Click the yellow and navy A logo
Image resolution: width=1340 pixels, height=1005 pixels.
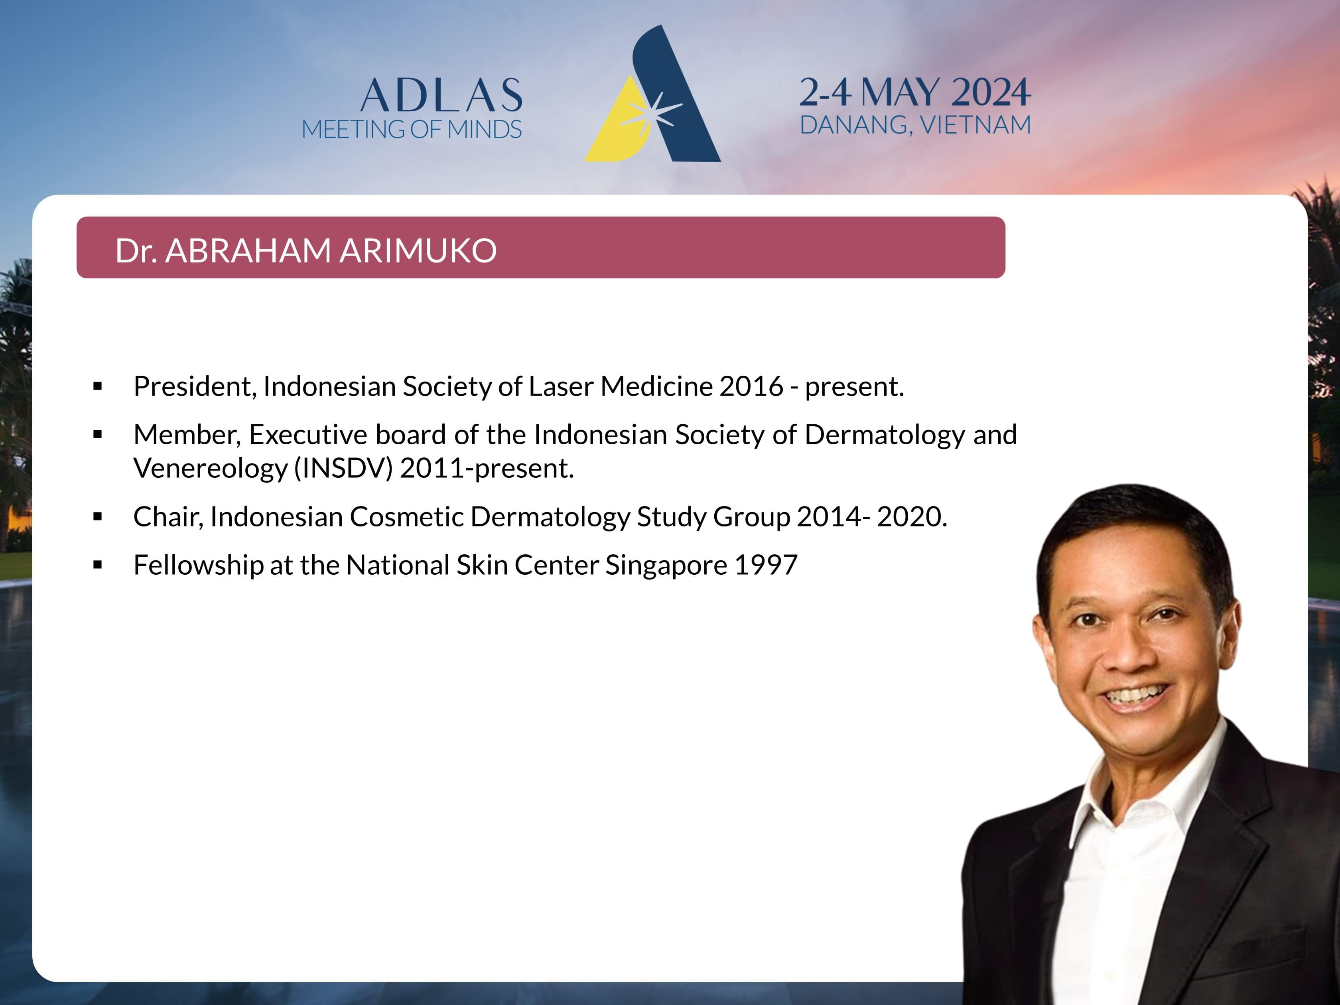652,94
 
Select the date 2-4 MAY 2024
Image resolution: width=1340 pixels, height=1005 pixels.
915,92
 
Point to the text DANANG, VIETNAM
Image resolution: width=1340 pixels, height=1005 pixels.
915,125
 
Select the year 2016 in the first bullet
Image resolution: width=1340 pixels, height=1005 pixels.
751,386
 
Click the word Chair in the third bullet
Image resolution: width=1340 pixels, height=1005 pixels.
168,517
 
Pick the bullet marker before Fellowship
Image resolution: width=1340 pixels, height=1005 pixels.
98,565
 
